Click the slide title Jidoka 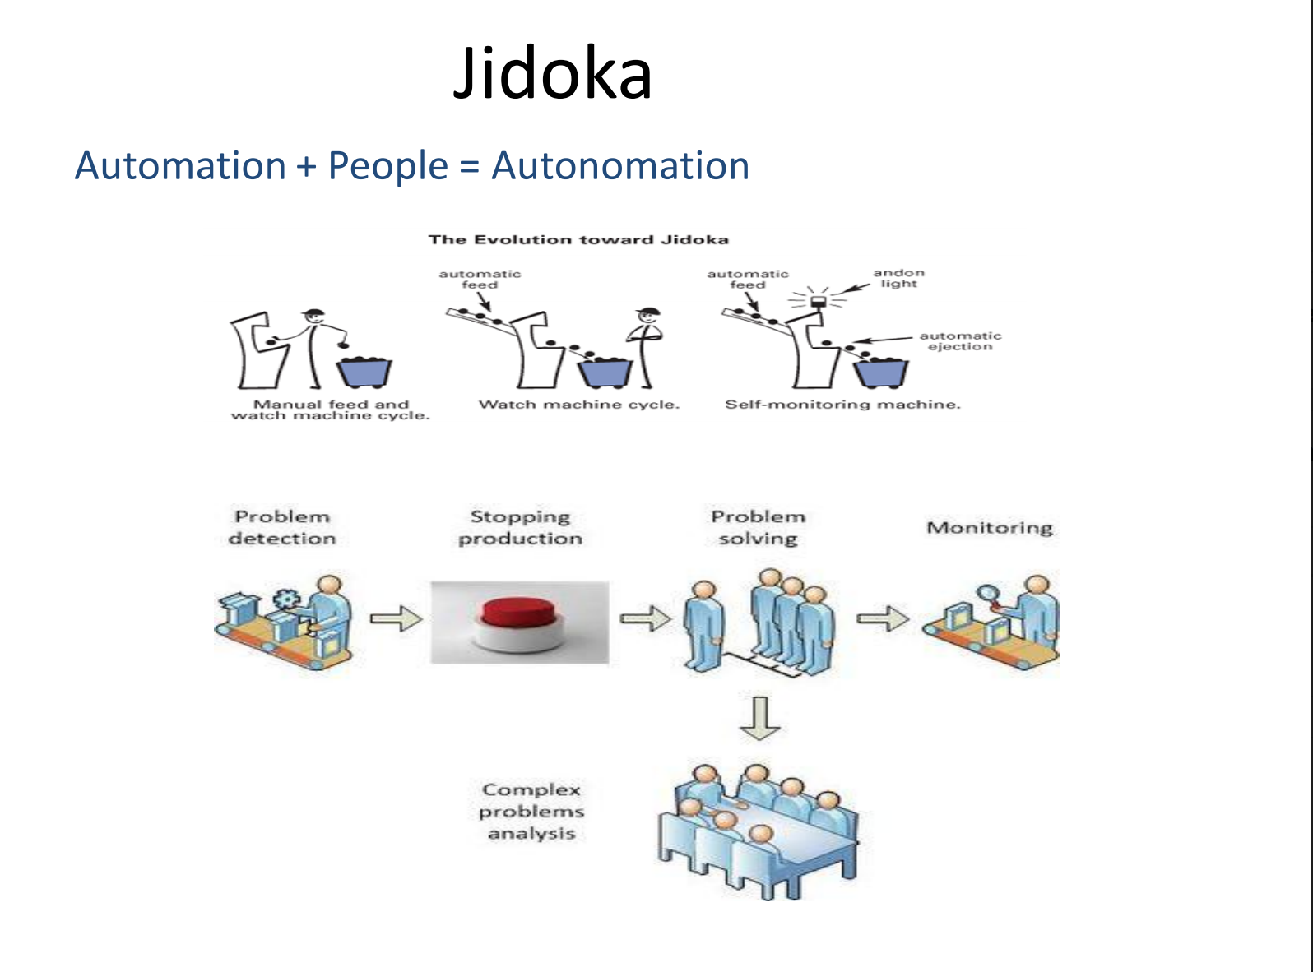[x=553, y=74]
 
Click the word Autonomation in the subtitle [x=620, y=165]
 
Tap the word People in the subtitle [x=387, y=165]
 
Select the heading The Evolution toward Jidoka [x=578, y=239]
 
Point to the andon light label [x=898, y=278]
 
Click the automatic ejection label [x=960, y=340]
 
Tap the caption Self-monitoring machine [x=842, y=404]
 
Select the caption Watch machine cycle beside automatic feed [x=579, y=404]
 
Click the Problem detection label [x=282, y=527]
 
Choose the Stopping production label [x=520, y=527]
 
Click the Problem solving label [x=758, y=527]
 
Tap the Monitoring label [x=990, y=527]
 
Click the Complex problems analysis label [x=531, y=811]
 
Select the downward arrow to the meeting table [x=759, y=718]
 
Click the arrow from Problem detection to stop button [x=396, y=618]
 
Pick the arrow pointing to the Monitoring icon [x=883, y=618]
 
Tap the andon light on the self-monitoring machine [x=819, y=302]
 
